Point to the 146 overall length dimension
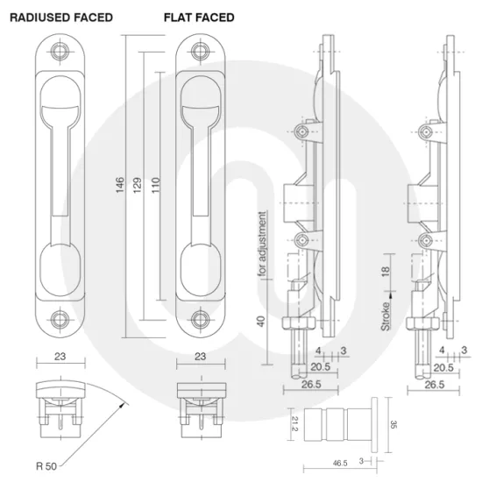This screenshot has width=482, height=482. point(120,186)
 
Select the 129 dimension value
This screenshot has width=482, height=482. point(138,186)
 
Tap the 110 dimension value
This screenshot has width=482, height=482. point(155,186)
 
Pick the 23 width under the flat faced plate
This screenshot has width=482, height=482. point(201,357)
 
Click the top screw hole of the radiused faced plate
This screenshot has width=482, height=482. point(60,51)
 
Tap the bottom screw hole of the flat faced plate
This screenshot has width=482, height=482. point(201,319)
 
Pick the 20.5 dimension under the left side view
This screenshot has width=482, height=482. point(320,368)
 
